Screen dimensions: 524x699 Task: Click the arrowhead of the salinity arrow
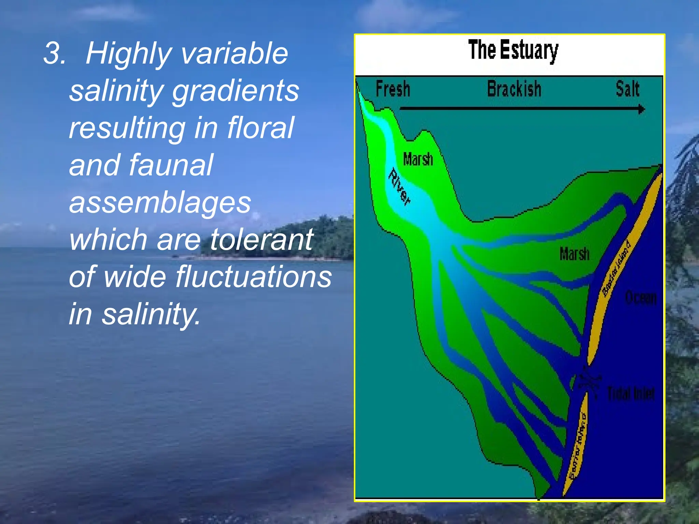pos(642,109)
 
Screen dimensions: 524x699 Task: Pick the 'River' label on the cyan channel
pos(399,187)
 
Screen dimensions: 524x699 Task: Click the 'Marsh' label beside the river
pos(418,159)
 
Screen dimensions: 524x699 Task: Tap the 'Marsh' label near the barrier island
pos(574,254)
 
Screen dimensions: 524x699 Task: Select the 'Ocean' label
pos(641,298)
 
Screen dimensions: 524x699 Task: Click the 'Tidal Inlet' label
pos(631,394)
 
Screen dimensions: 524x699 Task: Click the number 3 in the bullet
pos(54,54)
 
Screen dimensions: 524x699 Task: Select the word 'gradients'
pos(236,91)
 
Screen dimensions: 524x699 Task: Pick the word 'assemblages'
pos(160,203)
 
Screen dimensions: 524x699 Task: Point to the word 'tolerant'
pos(261,239)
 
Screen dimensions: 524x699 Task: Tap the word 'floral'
pos(260,128)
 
